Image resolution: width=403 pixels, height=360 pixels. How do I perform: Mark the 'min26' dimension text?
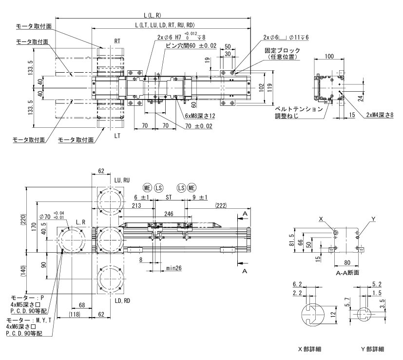(x=173, y=268)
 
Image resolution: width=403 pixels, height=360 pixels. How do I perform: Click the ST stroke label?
(x=169, y=198)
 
